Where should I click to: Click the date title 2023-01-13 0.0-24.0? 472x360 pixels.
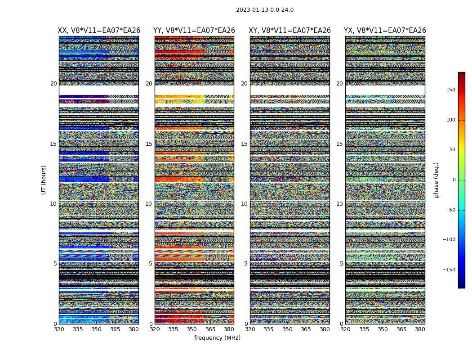pyautogui.click(x=265, y=10)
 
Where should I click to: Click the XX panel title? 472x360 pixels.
pyautogui.click(x=99, y=31)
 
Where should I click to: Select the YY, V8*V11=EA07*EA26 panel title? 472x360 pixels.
pyautogui.click(x=194, y=31)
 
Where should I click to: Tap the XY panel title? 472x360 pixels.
pyautogui.click(x=290, y=31)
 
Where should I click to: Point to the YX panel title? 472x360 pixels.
pyautogui.click(x=385, y=31)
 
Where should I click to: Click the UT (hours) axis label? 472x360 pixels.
pyautogui.click(x=44, y=180)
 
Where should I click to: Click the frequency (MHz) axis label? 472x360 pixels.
pyautogui.click(x=217, y=338)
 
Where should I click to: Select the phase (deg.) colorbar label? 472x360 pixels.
pyautogui.click(x=436, y=180)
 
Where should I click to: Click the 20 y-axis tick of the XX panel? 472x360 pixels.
pyautogui.click(x=53, y=84)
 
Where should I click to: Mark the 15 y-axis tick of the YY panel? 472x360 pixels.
pyautogui.click(x=149, y=144)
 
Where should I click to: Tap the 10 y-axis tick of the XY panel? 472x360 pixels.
pyautogui.click(x=244, y=204)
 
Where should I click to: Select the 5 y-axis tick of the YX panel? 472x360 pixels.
pyautogui.click(x=341, y=264)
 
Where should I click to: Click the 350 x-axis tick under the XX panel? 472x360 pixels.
pyautogui.click(x=96, y=329)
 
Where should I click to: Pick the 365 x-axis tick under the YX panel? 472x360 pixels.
pyautogui.click(x=401, y=329)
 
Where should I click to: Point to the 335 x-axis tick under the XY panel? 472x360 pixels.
pyautogui.click(x=269, y=329)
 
